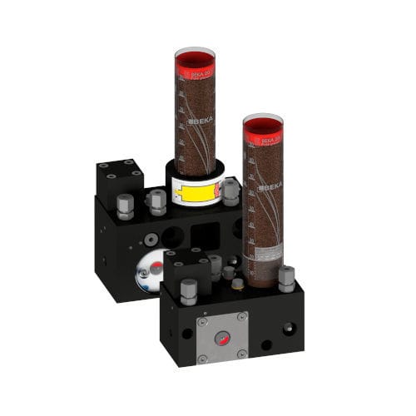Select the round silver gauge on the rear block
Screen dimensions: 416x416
150,273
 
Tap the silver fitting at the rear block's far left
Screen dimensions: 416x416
125,206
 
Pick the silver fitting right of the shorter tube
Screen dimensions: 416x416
286,278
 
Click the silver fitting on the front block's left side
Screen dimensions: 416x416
188,290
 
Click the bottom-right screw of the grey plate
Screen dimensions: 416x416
241,359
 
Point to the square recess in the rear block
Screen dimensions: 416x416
203,235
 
